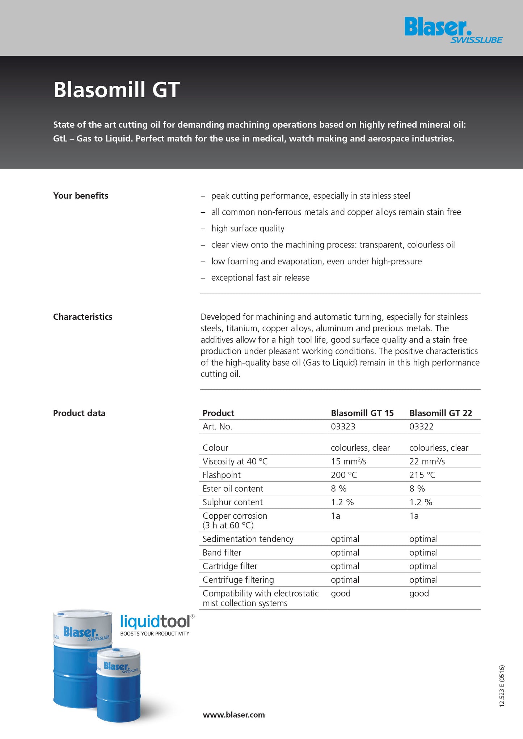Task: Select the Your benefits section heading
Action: click(x=81, y=196)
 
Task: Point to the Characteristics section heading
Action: click(x=83, y=317)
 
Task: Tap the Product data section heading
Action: click(x=79, y=413)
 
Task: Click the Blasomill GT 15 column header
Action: click(x=362, y=413)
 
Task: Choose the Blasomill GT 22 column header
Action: click(x=440, y=413)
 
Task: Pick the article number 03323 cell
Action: click(x=343, y=426)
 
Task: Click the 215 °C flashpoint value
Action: click(x=422, y=475)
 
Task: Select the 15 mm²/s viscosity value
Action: click(x=349, y=462)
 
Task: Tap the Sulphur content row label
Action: click(x=232, y=502)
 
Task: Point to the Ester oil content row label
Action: click(x=233, y=489)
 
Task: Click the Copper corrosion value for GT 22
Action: click(x=414, y=516)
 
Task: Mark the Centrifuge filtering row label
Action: click(x=238, y=580)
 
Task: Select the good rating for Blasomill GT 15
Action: click(x=341, y=594)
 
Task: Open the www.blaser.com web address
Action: click(x=233, y=715)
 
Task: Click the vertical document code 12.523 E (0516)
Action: click(x=502, y=686)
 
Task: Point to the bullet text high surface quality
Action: click(x=248, y=229)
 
